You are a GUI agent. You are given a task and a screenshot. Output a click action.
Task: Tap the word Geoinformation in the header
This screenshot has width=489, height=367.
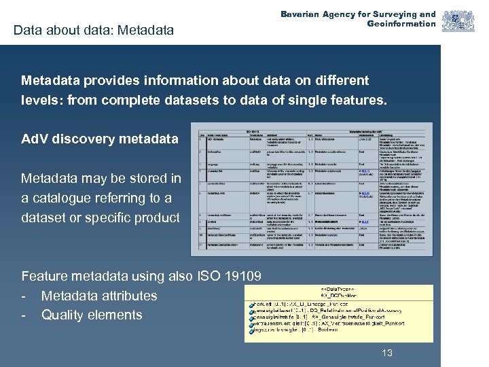(x=401, y=24)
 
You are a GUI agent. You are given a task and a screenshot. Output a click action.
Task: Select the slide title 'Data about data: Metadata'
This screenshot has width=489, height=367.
(x=94, y=30)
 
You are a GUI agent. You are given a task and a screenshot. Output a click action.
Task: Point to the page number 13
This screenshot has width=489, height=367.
(x=387, y=353)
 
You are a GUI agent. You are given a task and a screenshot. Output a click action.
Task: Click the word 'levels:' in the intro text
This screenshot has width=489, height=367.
(x=41, y=100)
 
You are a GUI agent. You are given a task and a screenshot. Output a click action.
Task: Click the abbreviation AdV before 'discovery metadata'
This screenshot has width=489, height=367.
(x=35, y=139)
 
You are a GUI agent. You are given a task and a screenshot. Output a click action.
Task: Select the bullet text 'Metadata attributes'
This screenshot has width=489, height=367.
(x=99, y=296)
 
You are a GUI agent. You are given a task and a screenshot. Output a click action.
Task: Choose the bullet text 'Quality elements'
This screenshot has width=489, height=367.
(x=92, y=315)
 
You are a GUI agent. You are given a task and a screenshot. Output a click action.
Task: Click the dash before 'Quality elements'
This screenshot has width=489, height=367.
(x=24, y=315)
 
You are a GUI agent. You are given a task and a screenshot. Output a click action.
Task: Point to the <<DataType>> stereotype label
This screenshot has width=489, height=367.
(x=340, y=288)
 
